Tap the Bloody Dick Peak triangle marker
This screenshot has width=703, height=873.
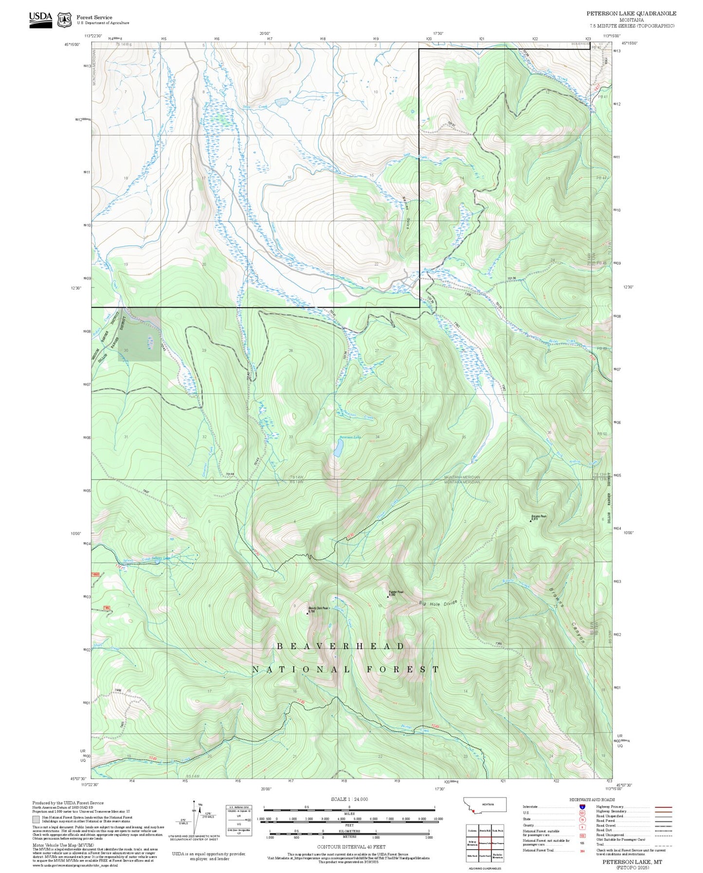(307, 613)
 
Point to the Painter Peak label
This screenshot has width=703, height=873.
(396, 592)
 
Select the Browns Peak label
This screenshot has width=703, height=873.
(539, 516)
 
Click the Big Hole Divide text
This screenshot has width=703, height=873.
(438, 604)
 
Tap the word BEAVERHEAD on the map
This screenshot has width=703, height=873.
(341, 646)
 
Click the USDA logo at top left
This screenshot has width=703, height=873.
(40, 18)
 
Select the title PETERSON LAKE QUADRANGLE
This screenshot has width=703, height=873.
(631, 14)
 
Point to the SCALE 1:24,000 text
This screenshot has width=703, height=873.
(349, 799)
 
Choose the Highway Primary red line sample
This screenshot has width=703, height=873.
(663, 807)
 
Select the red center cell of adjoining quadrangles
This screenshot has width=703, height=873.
(485, 842)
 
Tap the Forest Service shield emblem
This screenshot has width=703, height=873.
(64, 20)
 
